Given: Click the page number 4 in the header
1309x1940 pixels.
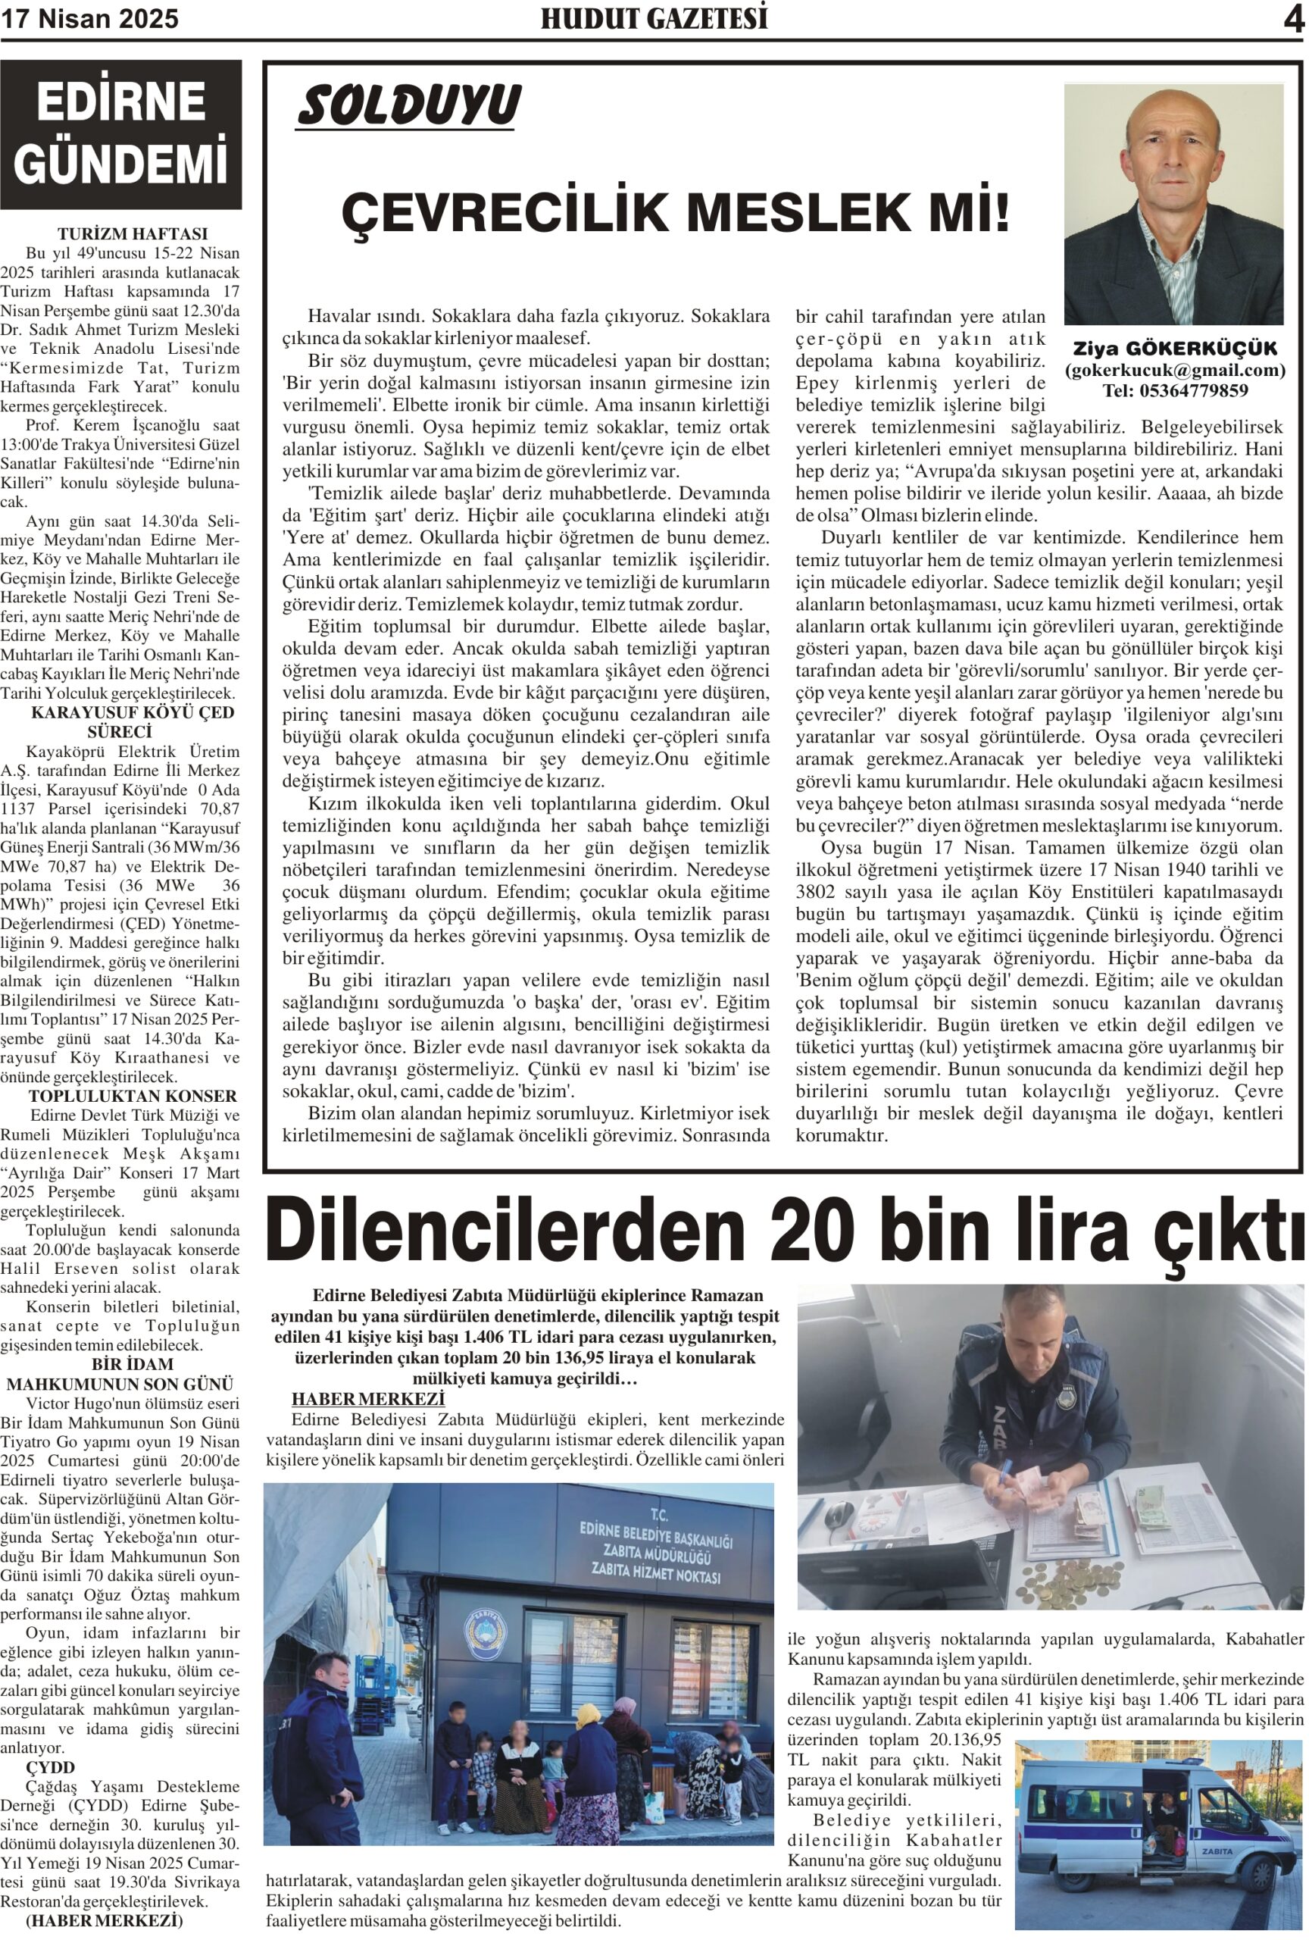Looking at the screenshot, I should point(1292,20).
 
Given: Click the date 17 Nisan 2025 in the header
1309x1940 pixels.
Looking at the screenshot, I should point(89,19).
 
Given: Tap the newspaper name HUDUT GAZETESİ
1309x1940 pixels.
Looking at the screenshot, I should point(653,19).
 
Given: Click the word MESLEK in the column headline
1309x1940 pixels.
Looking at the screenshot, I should point(800,213).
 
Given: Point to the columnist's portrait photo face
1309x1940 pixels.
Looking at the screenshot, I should point(1171,158).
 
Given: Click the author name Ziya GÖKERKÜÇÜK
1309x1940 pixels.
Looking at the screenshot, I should point(1174,348).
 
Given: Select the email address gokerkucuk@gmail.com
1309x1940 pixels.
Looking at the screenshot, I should point(1174,370).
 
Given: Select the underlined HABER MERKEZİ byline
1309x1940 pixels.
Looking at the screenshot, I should point(368,1399).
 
